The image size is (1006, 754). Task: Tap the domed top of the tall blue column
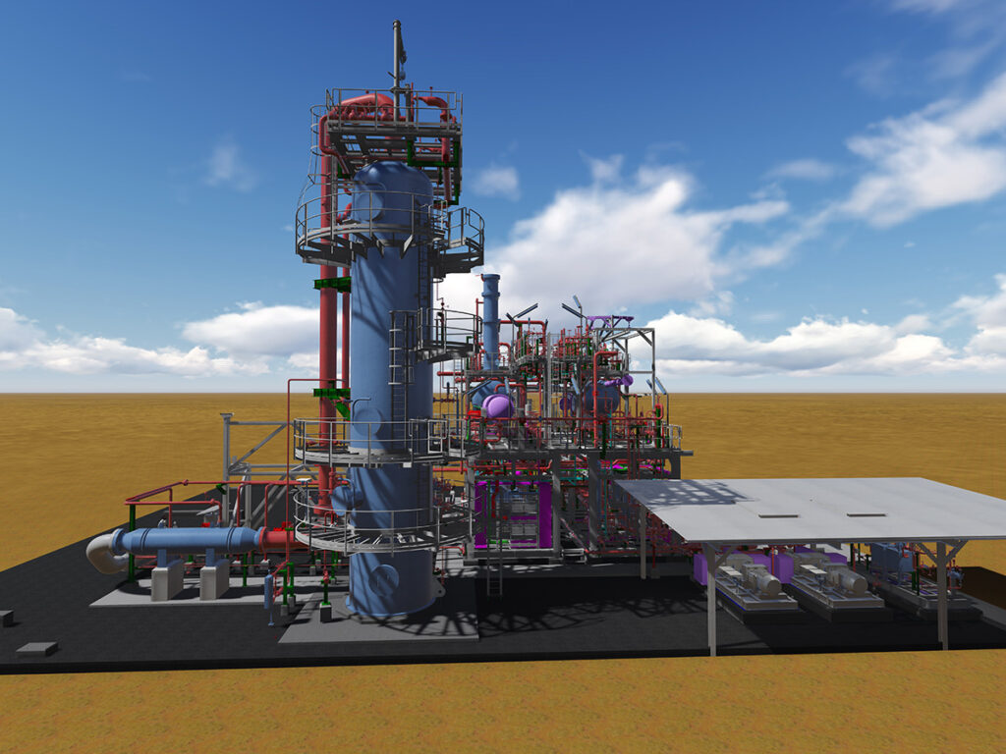point(391,177)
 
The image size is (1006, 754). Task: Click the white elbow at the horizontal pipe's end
point(102,552)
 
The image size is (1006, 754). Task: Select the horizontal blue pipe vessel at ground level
point(187,539)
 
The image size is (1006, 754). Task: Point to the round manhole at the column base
point(384,580)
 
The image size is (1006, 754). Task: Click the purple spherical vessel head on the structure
point(497,405)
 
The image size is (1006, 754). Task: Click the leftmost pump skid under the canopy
point(752,584)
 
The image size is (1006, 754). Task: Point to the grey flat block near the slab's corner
point(36,649)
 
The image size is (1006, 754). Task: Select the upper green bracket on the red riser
point(332,284)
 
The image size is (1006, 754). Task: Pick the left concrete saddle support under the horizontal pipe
point(167,579)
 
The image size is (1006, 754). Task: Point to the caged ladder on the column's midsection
point(402,363)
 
